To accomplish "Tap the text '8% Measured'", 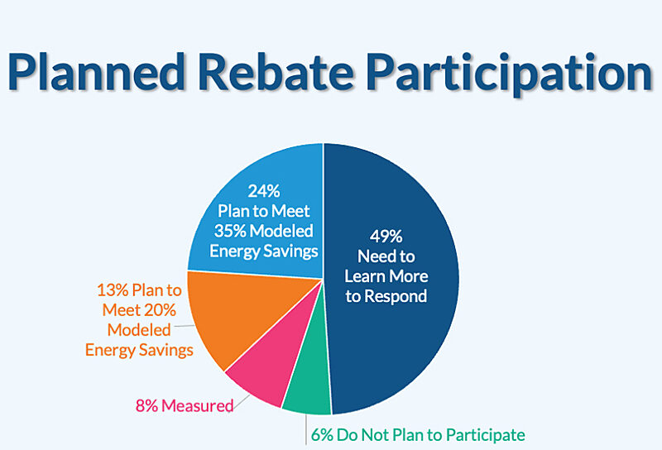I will pos(183,406).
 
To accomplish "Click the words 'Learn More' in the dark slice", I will pos(386,276).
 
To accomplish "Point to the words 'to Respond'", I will pos(386,296).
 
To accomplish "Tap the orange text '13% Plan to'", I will pos(139,292).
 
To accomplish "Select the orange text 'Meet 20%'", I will pos(139,311).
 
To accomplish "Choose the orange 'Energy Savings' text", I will pos(139,349).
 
